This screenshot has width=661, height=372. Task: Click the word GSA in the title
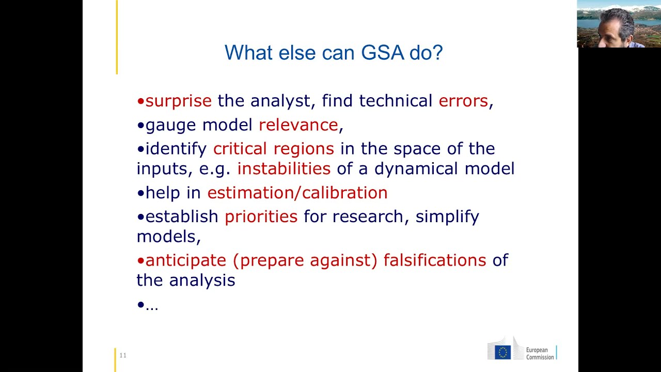click(382, 53)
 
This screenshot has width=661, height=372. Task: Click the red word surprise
click(178, 101)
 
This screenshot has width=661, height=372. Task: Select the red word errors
click(463, 101)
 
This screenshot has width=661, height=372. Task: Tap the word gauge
click(170, 125)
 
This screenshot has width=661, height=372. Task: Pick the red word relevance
click(298, 125)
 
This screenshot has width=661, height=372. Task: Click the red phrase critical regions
click(273, 149)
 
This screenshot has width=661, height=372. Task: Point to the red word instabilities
click(284, 169)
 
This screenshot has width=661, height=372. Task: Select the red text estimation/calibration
click(297, 193)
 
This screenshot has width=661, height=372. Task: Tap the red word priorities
click(261, 216)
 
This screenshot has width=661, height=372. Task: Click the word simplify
click(447, 216)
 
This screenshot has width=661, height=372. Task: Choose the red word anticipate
click(185, 260)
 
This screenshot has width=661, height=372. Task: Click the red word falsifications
click(434, 260)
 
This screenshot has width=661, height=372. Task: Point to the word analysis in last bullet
click(202, 281)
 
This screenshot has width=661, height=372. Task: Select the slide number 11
click(123, 355)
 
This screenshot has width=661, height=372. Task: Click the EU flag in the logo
click(502, 352)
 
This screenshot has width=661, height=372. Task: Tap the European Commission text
click(540, 354)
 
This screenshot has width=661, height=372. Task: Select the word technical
click(395, 101)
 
